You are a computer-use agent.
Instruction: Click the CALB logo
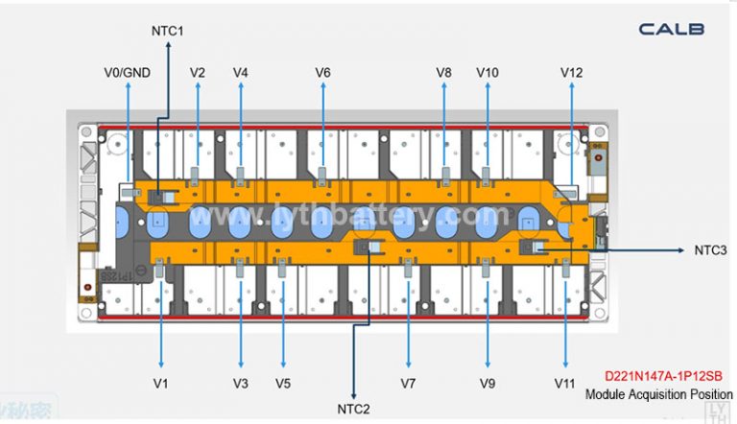(x=672, y=29)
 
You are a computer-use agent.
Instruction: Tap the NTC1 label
(x=167, y=31)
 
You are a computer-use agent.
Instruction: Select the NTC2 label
(x=354, y=409)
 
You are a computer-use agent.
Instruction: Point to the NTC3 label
(x=711, y=249)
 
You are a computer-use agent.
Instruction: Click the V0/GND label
(x=126, y=72)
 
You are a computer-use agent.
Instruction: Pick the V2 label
(x=198, y=72)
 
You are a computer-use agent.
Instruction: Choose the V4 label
(x=240, y=72)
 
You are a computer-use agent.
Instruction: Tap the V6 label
(x=323, y=72)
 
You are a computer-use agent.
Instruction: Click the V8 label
(x=443, y=72)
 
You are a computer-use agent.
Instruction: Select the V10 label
(x=487, y=72)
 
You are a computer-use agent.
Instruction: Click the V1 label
(x=160, y=383)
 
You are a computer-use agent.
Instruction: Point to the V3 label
(x=240, y=383)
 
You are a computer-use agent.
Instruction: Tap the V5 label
(x=282, y=383)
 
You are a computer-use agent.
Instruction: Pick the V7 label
(x=408, y=383)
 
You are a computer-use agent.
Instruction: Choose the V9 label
(x=487, y=383)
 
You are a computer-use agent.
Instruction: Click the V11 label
(x=564, y=383)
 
